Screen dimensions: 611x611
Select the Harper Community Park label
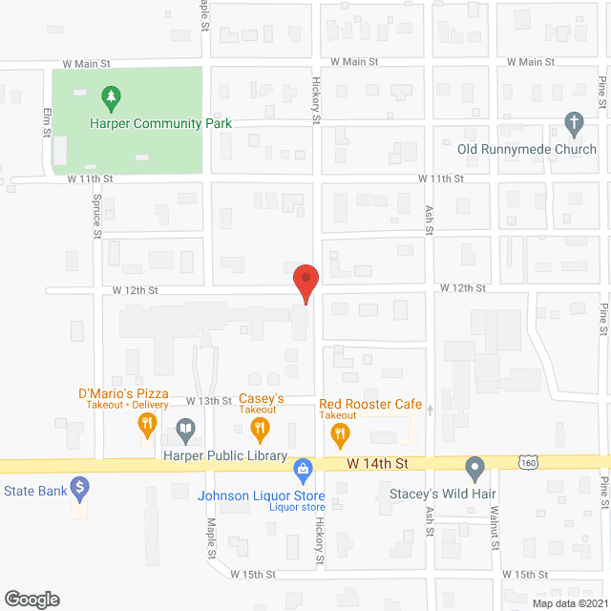click(x=160, y=123)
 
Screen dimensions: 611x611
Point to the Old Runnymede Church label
click(x=526, y=149)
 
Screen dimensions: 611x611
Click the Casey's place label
click(x=262, y=398)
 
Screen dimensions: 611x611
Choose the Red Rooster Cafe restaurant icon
click(x=339, y=434)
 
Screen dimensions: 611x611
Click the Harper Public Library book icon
click(x=187, y=431)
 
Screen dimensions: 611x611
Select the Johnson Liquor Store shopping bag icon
click(x=303, y=469)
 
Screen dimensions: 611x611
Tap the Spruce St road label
click(x=97, y=218)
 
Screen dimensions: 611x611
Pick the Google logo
click(x=31, y=600)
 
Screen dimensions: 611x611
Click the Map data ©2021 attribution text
click(x=569, y=603)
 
